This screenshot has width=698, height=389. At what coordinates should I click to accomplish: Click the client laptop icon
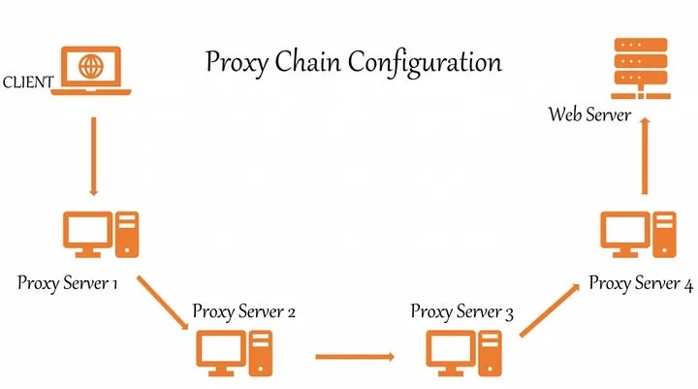(x=92, y=73)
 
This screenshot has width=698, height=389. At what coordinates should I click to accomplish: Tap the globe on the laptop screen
(x=92, y=68)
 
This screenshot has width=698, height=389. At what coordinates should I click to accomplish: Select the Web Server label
(x=590, y=114)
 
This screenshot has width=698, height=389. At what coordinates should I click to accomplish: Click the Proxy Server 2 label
(x=243, y=311)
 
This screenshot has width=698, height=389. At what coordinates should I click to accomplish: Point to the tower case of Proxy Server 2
(x=261, y=352)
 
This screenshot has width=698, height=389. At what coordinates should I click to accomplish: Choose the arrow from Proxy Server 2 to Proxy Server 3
(x=355, y=356)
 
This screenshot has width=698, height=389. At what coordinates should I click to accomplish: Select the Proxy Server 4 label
(x=641, y=284)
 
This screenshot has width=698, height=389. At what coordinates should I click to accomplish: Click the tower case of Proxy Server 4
(x=663, y=234)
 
